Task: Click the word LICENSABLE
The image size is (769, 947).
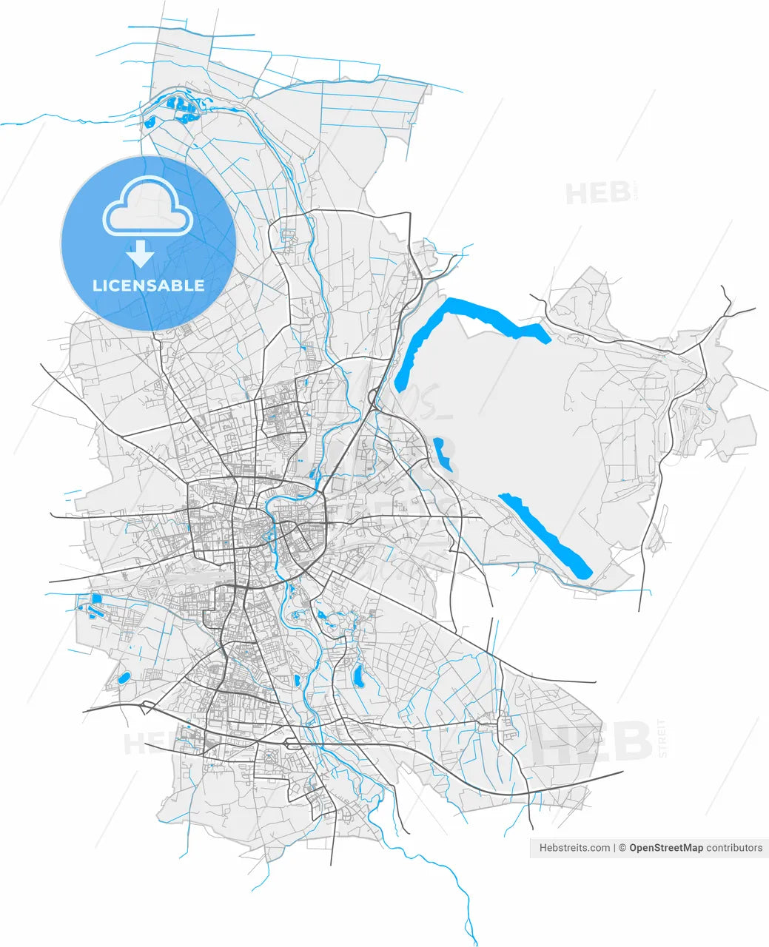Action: (x=148, y=286)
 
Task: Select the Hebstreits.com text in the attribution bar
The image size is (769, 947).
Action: (x=574, y=848)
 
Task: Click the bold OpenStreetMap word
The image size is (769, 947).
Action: (x=665, y=848)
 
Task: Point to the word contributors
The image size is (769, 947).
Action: (x=734, y=848)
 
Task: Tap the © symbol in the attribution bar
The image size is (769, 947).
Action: (x=623, y=848)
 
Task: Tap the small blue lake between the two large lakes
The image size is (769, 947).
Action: (x=443, y=454)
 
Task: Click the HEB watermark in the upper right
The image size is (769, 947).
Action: (x=598, y=194)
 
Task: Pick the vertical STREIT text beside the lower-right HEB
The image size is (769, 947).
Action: (x=662, y=737)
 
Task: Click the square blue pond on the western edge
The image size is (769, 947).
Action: (x=95, y=599)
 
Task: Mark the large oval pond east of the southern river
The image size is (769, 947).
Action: (x=359, y=675)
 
